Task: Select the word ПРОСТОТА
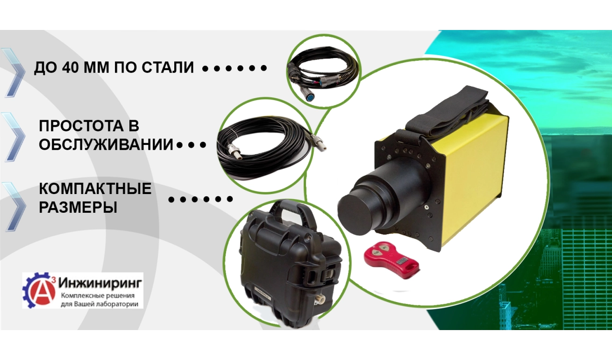(81, 126)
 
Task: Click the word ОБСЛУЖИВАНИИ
(106, 144)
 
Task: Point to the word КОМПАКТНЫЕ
(95, 188)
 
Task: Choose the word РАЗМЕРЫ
(78, 207)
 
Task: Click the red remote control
(391, 259)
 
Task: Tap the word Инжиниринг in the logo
(100, 283)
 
